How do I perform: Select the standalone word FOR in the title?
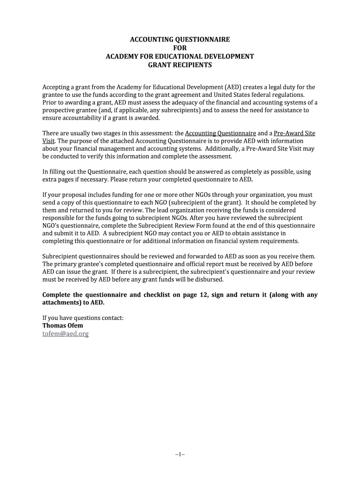180,48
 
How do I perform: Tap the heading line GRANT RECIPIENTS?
180,65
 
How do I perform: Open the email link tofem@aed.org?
65,334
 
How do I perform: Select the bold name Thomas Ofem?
63,326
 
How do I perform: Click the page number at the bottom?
180,454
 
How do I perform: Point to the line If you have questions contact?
83,318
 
